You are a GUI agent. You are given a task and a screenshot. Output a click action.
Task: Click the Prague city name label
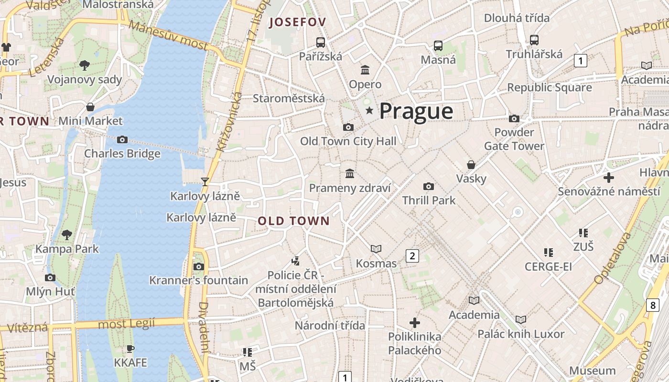pyautogui.click(x=416, y=111)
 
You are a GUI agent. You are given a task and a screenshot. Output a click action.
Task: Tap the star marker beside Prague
pyautogui.click(x=369, y=111)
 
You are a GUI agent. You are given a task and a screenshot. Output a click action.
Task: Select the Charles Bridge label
pyautogui.click(x=122, y=154)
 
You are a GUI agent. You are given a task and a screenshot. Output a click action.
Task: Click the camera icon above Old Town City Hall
pyautogui.click(x=348, y=127)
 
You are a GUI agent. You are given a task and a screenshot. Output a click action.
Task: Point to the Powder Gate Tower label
pyautogui.click(x=514, y=139)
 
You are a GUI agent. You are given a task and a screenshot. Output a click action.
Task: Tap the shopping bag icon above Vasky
pyautogui.click(x=471, y=165)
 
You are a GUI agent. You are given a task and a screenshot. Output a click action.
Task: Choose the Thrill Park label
pyautogui.click(x=429, y=200)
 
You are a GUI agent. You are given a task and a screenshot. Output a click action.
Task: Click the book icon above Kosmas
pyautogui.click(x=376, y=249)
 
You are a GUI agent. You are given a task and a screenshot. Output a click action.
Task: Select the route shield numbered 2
pyautogui.click(x=412, y=256)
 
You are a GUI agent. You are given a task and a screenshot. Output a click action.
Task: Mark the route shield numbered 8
pyautogui.click(x=653, y=305)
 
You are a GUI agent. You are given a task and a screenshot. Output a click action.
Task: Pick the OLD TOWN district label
pyautogui.click(x=294, y=221)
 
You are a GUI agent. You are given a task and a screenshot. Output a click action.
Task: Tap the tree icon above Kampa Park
pyautogui.click(x=67, y=234)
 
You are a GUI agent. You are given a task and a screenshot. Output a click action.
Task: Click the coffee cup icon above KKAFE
pyautogui.click(x=130, y=349)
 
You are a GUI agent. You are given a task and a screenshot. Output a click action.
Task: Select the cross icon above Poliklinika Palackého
pyautogui.click(x=414, y=323)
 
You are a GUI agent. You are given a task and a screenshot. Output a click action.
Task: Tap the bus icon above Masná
pyautogui.click(x=438, y=46)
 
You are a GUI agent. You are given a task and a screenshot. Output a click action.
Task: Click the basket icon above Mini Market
pyautogui.click(x=90, y=107)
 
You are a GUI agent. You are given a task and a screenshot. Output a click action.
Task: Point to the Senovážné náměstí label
pyautogui.click(x=609, y=191)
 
